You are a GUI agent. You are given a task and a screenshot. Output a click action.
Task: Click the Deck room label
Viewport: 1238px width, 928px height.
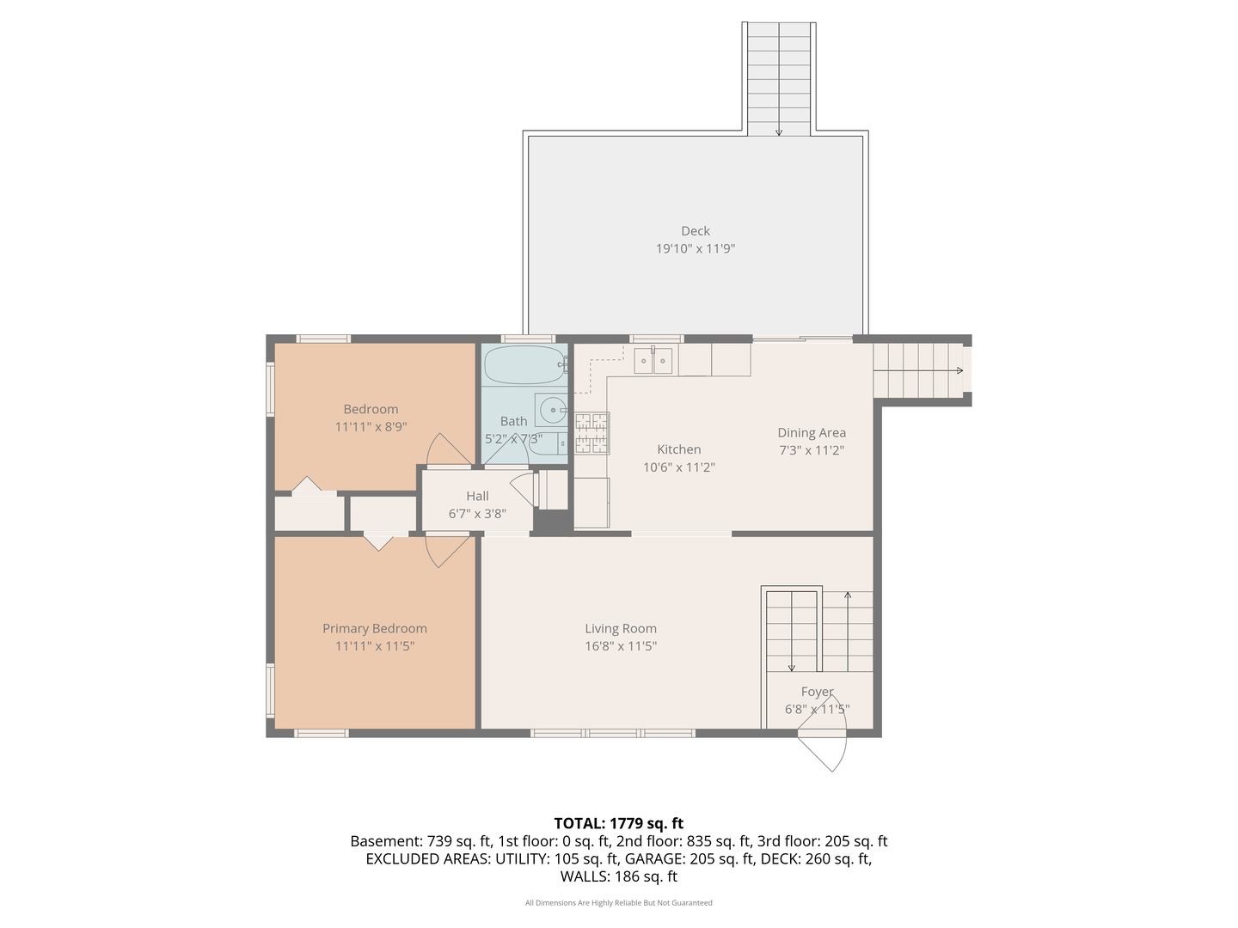tap(695, 230)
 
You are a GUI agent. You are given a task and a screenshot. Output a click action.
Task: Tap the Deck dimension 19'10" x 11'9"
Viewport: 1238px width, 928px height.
tap(695, 248)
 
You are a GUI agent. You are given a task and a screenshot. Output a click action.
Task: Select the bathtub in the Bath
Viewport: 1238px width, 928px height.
tap(524, 365)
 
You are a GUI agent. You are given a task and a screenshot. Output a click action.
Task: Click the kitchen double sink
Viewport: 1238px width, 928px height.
tap(653, 360)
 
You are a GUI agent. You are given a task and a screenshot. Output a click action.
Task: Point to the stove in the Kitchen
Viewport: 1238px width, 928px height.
tap(591, 433)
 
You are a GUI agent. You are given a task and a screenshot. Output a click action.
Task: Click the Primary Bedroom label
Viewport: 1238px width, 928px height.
tap(374, 628)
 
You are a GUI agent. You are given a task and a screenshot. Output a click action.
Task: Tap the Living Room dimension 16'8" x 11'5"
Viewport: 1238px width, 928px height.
tap(620, 646)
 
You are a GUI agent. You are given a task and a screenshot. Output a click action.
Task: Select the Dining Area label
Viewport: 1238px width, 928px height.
tap(812, 432)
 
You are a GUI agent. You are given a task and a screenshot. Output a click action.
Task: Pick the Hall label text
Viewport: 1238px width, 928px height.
tap(477, 496)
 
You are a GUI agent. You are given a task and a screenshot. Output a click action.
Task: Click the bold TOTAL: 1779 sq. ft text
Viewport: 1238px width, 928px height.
tap(618, 823)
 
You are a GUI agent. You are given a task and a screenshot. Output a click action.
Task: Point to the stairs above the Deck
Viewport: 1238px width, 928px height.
tap(779, 77)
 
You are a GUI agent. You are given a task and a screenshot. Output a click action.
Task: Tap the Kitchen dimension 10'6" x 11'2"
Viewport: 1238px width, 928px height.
tap(678, 467)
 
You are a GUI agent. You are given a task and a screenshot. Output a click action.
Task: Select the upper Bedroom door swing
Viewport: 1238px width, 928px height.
tap(448, 450)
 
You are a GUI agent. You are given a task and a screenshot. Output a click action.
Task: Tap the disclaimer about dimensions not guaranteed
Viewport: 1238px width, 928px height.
tap(618, 902)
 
